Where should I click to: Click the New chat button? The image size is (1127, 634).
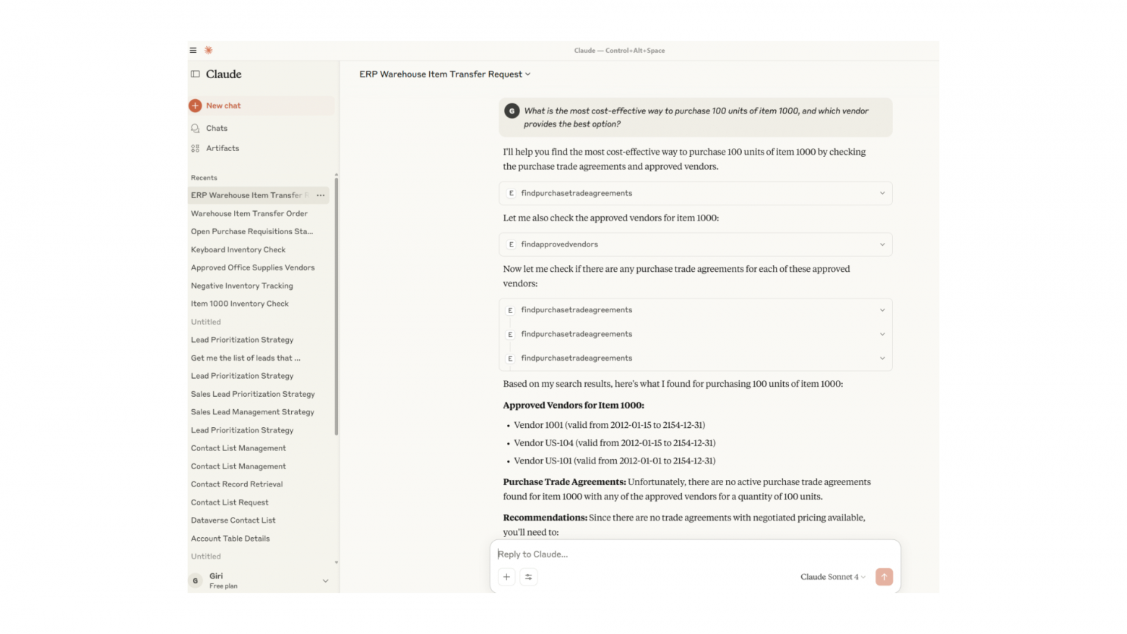pyautogui.click(x=223, y=106)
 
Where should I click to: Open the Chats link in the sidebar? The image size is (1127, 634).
pyautogui.click(x=216, y=128)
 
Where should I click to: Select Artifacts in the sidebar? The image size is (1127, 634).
pyautogui.click(x=222, y=148)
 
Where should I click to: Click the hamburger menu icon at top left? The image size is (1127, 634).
pyautogui.click(x=193, y=51)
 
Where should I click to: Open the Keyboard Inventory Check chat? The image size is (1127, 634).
pyautogui.click(x=238, y=249)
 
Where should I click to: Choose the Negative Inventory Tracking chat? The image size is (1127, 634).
pyautogui.click(x=241, y=286)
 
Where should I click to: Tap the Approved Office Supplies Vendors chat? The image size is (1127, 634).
pyautogui.click(x=252, y=267)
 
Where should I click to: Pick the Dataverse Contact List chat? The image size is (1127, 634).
pyautogui.click(x=233, y=521)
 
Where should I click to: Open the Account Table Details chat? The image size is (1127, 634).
pyautogui.click(x=230, y=539)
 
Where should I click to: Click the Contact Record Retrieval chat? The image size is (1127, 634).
pyautogui.click(x=236, y=484)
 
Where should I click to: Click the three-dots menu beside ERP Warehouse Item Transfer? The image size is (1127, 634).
pyautogui.click(x=321, y=195)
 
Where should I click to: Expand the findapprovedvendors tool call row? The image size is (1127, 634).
pyautogui.click(x=695, y=244)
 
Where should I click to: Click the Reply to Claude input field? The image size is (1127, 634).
pyautogui.click(x=694, y=554)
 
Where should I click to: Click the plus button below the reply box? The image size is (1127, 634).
pyautogui.click(x=506, y=577)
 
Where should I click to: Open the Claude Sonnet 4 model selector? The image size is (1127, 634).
pyautogui.click(x=832, y=577)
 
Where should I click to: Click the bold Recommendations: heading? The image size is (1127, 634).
pyautogui.click(x=545, y=518)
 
